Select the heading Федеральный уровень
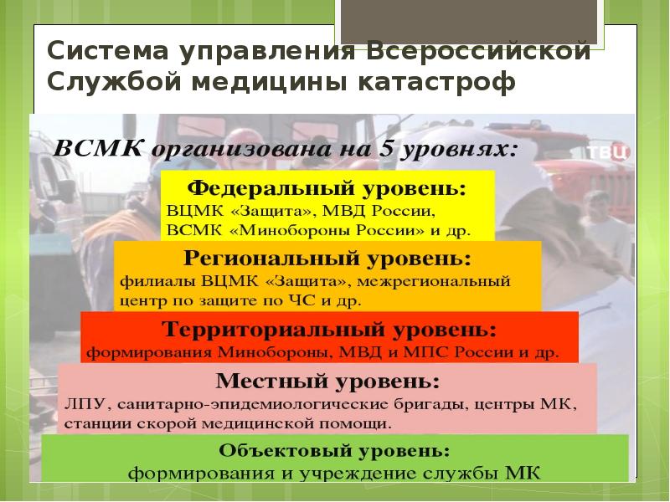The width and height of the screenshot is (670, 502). pos(327,184)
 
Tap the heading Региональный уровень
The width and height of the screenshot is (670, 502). pos(327,256)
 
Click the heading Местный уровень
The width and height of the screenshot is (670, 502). pos(327,384)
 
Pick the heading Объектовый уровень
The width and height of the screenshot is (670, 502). pos(334,450)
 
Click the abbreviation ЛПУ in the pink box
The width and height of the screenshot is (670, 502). pos(81,405)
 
